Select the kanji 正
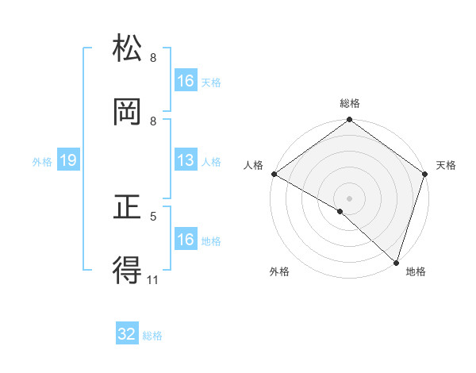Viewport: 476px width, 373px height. tap(127, 208)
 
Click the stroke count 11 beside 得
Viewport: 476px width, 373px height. tap(153, 279)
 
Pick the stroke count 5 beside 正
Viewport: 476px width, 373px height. tap(153, 215)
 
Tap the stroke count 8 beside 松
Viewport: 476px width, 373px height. tap(153, 57)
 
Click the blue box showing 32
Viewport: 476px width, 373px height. tap(127, 335)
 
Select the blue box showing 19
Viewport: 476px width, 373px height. tap(67, 160)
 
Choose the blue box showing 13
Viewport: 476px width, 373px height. tap(185, 160)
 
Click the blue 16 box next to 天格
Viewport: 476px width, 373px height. tap(185, 81)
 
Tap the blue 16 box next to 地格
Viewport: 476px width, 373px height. tap(185, 240)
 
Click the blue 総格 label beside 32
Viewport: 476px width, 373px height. tap(152, 336)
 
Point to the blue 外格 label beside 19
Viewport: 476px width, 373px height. tap(42, 161)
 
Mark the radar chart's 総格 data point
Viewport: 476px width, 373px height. tap(349, 121)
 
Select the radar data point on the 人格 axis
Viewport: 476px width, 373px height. tap(274, 174)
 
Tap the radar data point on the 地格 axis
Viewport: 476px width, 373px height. tap(395, 261)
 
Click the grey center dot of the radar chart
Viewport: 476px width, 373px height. tap(349, 198)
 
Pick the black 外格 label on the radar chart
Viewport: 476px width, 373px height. tap(279, 271)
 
